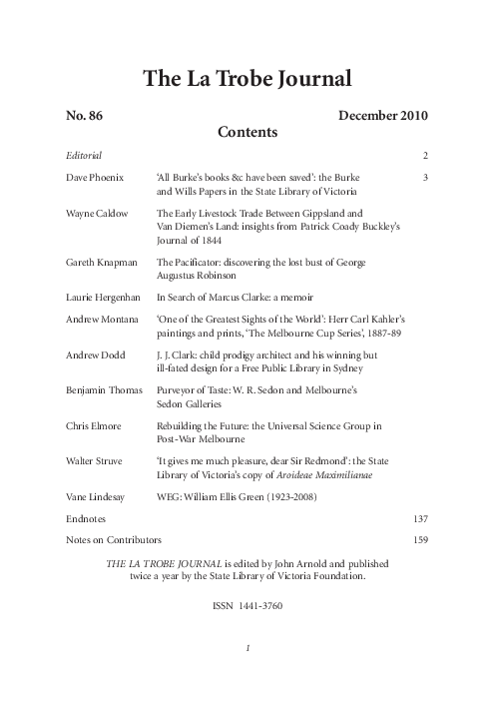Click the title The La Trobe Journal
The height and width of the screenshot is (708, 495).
247,79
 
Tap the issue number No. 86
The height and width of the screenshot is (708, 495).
85,116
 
